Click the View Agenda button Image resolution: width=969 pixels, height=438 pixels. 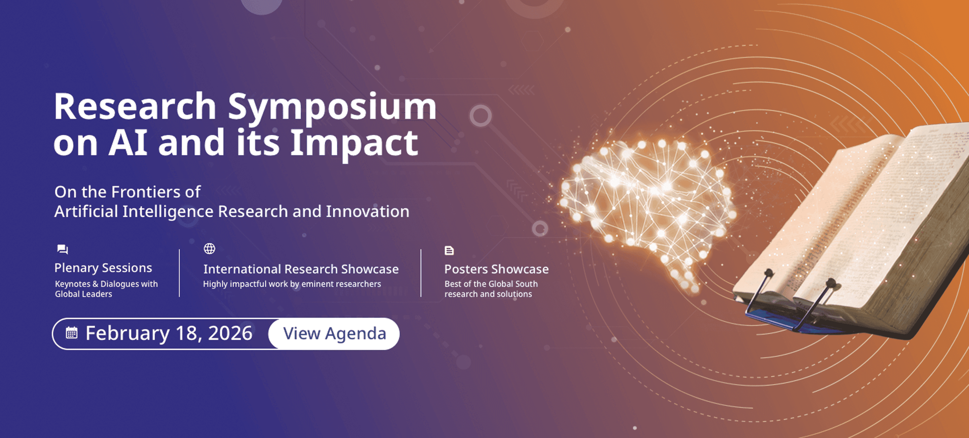pos(334,334)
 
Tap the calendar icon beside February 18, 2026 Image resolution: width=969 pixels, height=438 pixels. pos(71,333)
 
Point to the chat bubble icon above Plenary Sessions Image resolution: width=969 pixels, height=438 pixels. pos(63,249)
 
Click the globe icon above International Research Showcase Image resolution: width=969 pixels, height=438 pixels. pos(210,249)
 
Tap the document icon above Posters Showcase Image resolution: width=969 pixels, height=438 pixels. pos(449,251)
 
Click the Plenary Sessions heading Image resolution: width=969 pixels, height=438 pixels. pos(103,268)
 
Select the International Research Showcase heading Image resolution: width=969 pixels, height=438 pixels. pos(301,269)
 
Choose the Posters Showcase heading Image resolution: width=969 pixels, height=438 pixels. pos(497,269)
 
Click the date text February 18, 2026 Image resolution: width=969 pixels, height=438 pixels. pos(169,333)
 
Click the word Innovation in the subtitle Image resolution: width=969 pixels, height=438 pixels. pos(367,212)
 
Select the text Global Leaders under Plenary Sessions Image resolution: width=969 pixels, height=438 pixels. pos(83,294)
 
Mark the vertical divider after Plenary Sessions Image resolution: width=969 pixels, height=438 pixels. pos(179,273)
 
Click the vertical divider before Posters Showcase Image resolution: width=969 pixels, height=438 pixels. pos(421,273)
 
